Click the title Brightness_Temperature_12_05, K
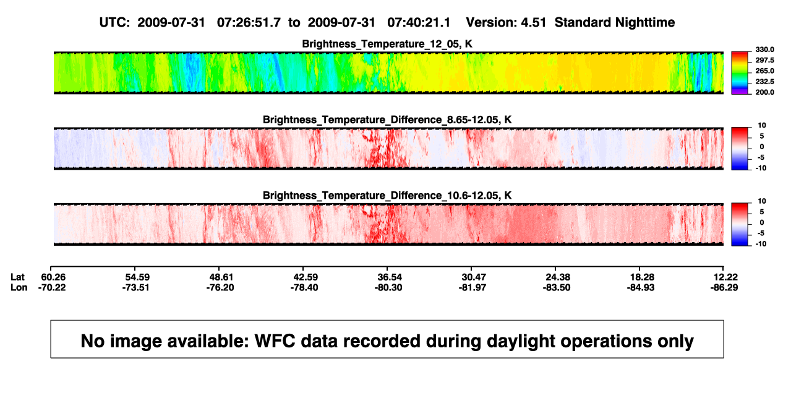point(387,44)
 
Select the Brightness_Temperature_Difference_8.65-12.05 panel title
point(387,120)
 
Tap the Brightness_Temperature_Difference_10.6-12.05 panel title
point(387,196)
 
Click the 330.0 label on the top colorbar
point(764,50)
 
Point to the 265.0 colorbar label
point(764,71)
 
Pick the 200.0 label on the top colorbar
point(764,92)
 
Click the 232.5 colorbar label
point(764,82)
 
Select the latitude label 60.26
point(53,277)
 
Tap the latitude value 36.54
point(390,277)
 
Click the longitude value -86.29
point(724,287)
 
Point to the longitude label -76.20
point(220,287)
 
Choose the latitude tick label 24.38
point(558,277)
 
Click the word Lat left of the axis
point(17,277)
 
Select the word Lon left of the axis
point(19,287)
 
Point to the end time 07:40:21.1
point(419,23)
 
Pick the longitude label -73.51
point(135,287)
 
